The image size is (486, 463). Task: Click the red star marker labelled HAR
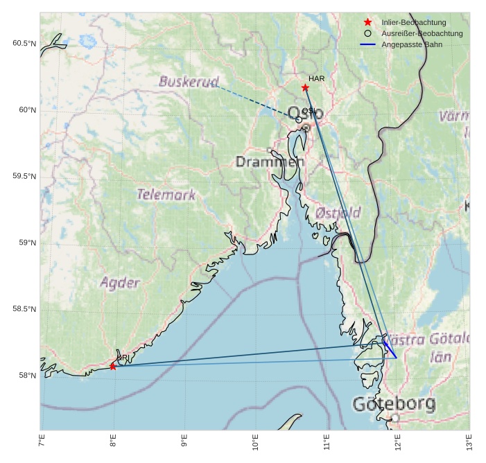point(305,87)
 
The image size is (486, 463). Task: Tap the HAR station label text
point(316,79)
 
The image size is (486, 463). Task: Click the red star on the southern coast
point(113,366)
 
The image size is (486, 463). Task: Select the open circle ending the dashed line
point(299,120)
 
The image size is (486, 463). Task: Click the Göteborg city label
point(394,403)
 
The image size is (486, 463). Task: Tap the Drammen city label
point(270,162)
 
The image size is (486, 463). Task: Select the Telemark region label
point(166,195)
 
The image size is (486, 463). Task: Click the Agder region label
point(120,283)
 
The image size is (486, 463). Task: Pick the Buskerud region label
point(189,82)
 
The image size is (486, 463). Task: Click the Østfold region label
point(338,213)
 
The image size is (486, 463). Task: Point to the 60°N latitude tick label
point(24,110)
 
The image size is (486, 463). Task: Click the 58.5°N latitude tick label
point(24,309)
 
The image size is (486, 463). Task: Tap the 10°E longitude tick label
point(256,442)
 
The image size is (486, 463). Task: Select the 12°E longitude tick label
point(398,442)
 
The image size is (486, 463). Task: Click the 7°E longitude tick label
point(42,442)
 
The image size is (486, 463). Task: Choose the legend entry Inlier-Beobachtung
point(413,23)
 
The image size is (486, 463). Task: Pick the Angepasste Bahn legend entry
point(412,44)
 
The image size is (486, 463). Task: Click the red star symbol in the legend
point(367,23)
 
